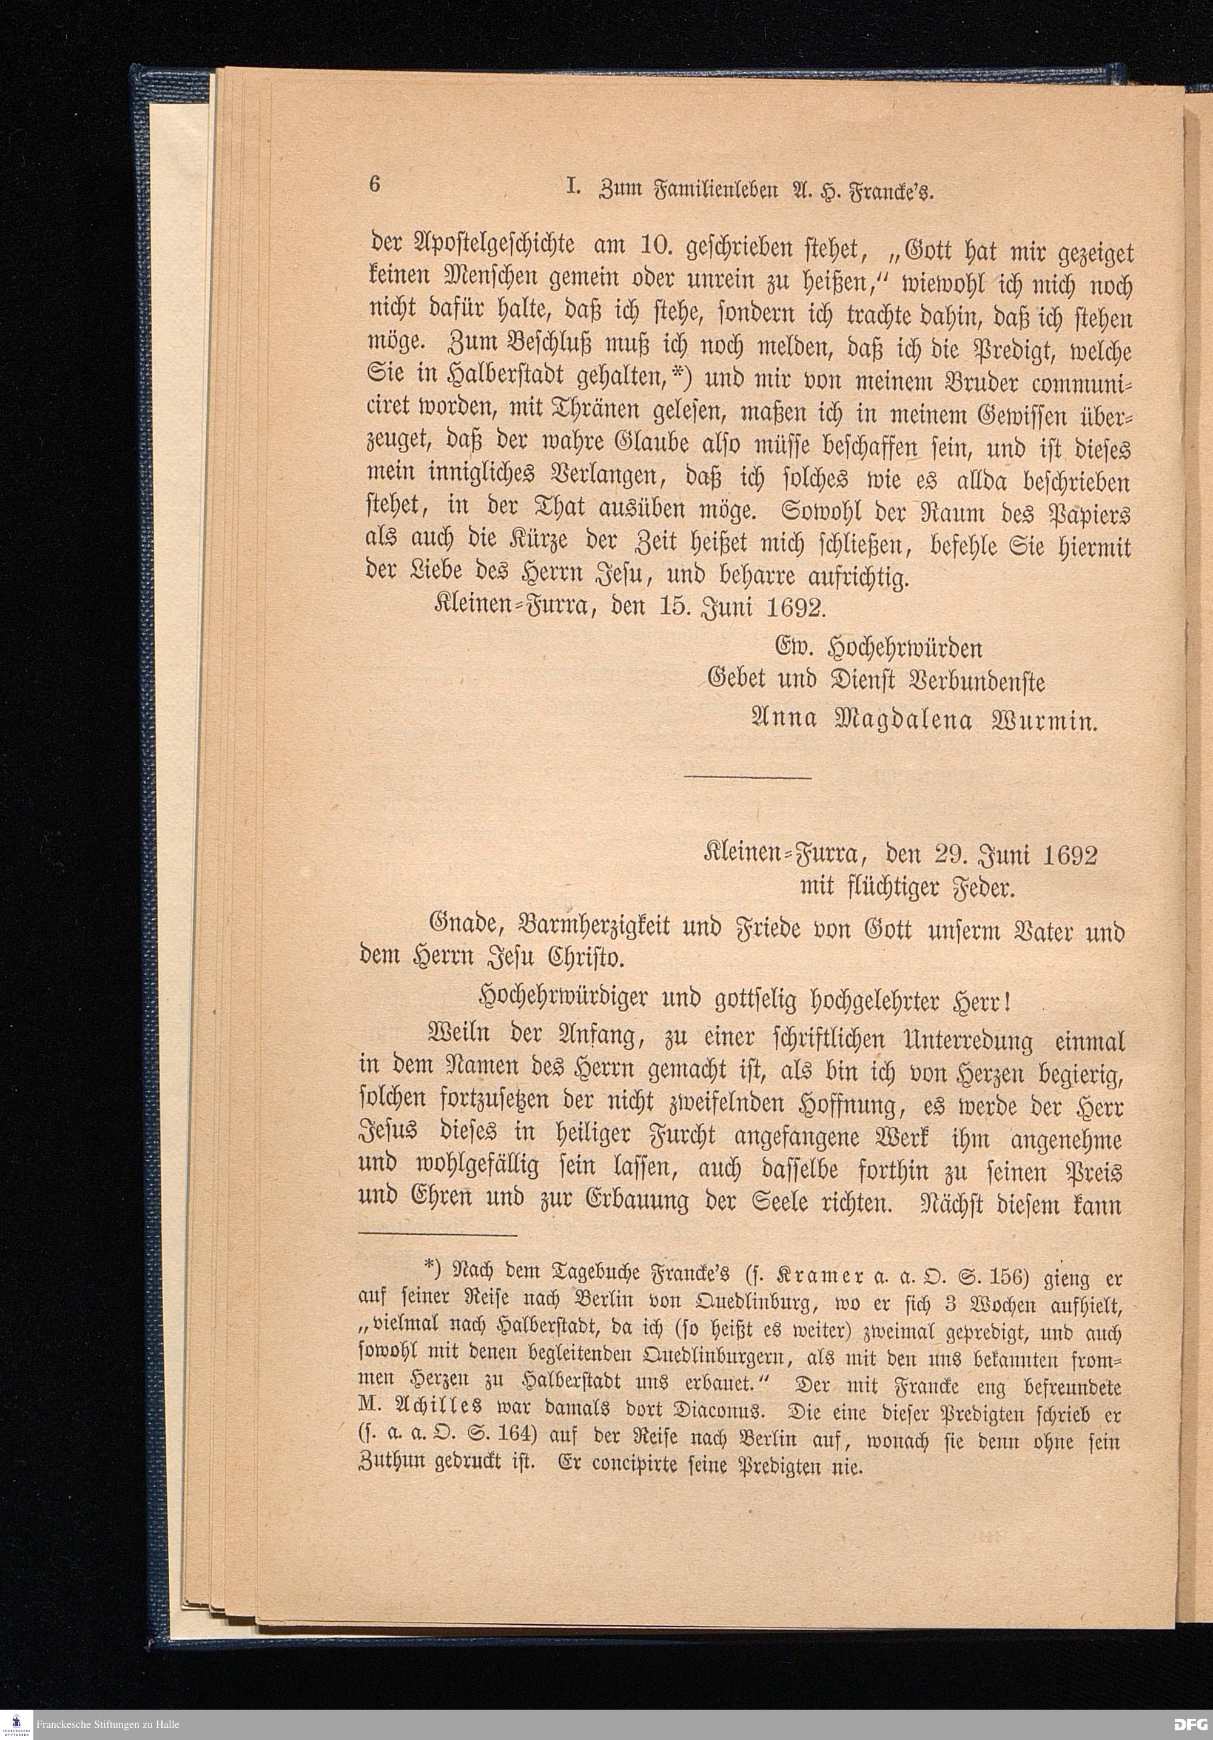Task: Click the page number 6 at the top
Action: tap(374, 185)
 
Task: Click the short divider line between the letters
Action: tap(748, 777)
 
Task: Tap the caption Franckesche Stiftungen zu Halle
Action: tap(107, 1724)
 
